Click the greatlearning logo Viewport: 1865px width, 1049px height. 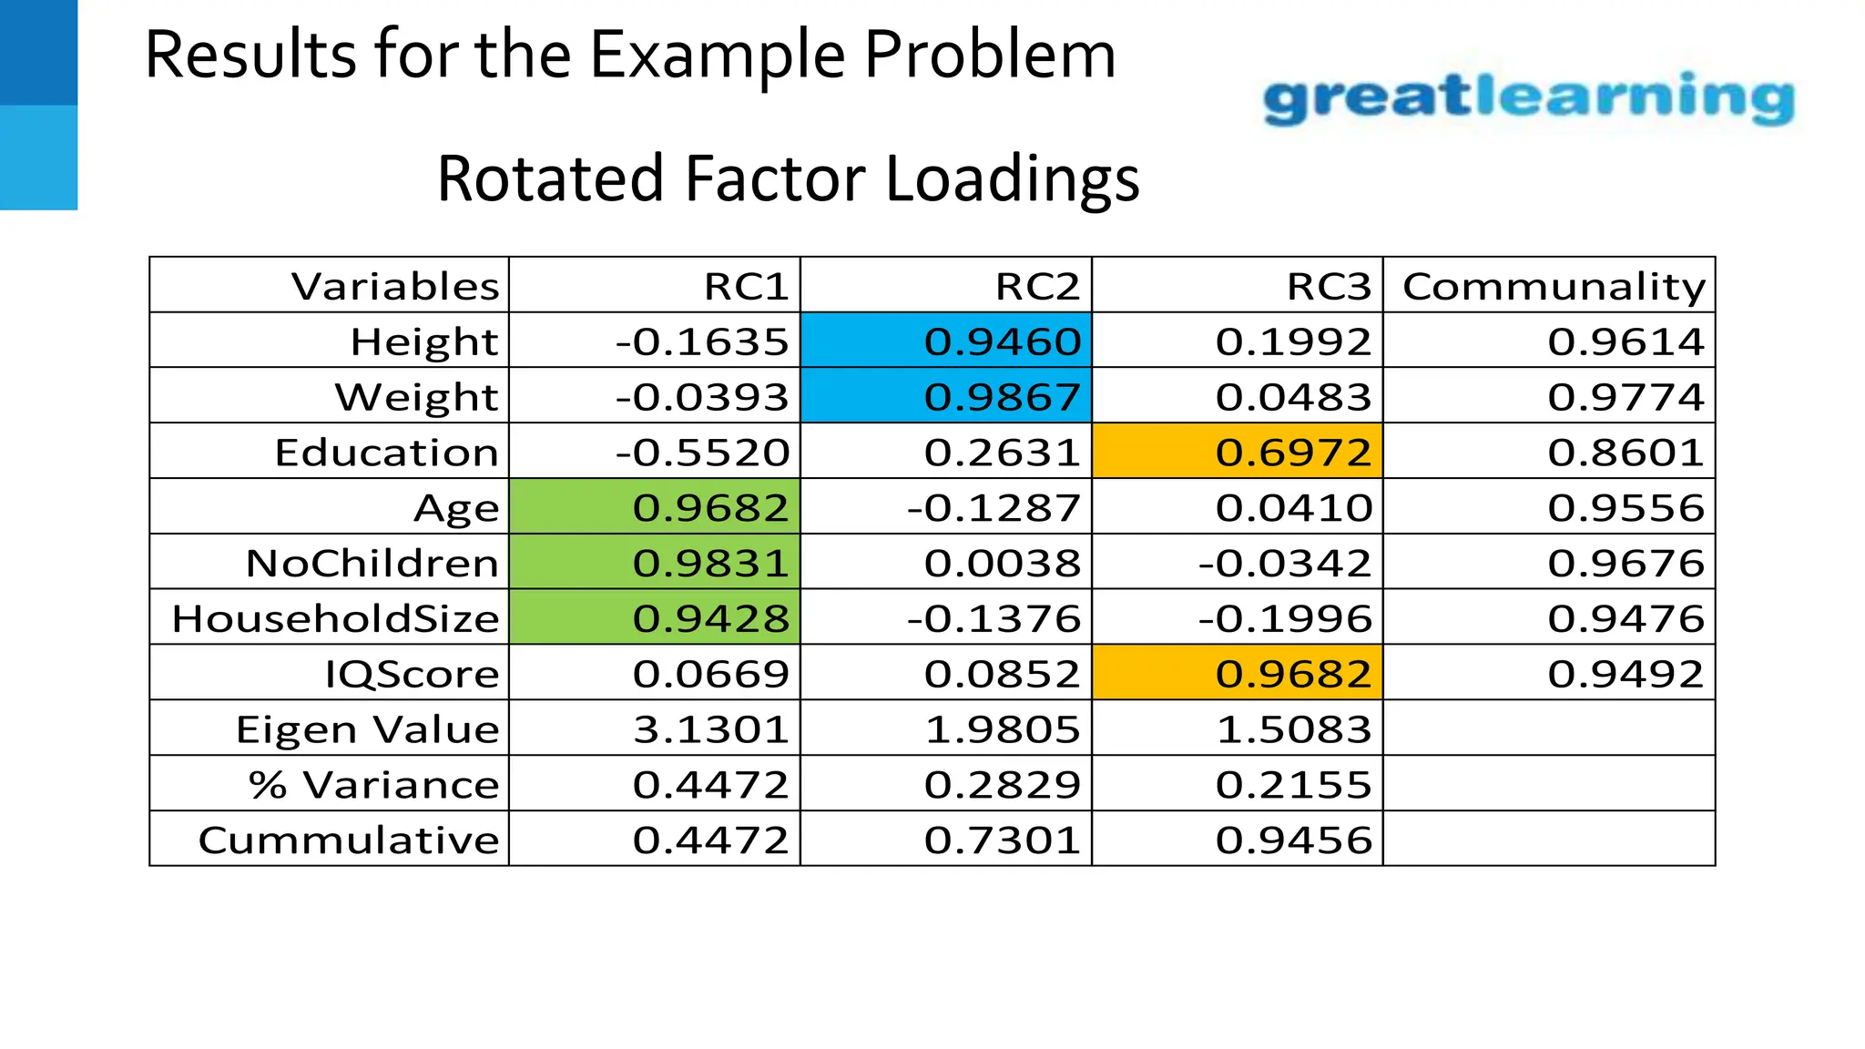tap(1528, 98)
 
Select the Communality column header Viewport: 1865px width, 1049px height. tap(1554, 286)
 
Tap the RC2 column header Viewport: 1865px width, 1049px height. tap(1036, 286)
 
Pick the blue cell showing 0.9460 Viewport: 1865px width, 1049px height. tap(1002, 341)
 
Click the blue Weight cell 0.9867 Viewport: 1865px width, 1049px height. tap(1002, 397)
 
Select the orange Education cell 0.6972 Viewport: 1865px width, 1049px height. tap(1293, 453)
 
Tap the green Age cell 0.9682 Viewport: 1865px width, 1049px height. tap(710, 508)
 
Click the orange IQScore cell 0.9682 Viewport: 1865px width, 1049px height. tap(1293, 674)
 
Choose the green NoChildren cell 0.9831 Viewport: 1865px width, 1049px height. tap(710, 564)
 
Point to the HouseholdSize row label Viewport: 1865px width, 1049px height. tap(335, 619)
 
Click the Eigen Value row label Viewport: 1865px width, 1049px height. tap(367, 729)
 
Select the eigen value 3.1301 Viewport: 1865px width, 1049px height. tap(710, 729)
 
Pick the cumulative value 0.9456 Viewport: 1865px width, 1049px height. tap(1293, 840)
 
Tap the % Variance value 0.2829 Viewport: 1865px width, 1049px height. tap(1002, 785)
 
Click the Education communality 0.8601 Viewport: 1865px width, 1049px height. tap(1626, 453)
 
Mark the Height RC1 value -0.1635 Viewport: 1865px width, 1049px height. tap(701, 341)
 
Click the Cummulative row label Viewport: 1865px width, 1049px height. tap(349, 840)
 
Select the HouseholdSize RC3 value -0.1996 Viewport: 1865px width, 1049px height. tap(1284, 619)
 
